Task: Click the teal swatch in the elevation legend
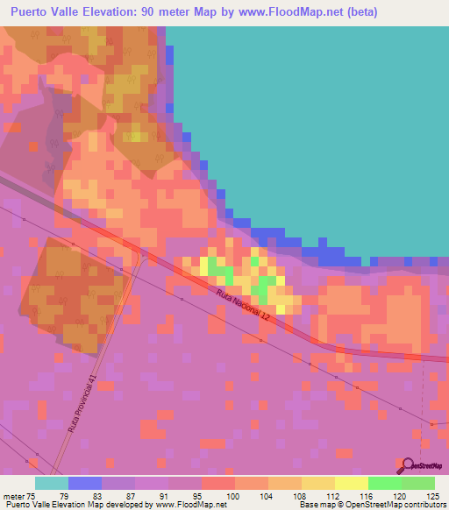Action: pyautogui.click(x=52, y=482)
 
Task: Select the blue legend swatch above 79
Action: pyautogui.click(x=85, y=482)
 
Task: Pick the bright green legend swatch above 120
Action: pyautogui.click(x=385, y=482)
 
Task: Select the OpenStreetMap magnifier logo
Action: pyautogui.click(x=408, y=465)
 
